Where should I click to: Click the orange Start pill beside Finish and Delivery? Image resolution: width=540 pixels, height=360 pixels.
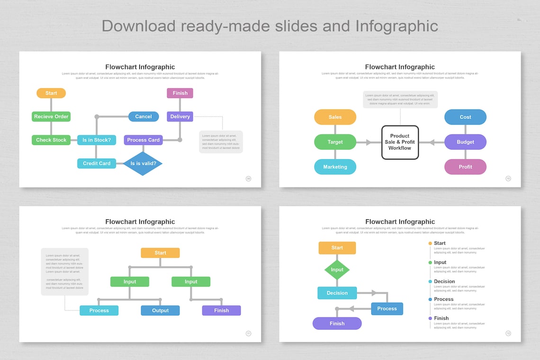[51, 93]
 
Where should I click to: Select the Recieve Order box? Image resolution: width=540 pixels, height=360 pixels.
[51, 117]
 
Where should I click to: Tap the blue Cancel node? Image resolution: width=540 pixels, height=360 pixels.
[144, 117]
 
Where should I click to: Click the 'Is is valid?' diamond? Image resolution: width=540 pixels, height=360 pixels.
[143, 163]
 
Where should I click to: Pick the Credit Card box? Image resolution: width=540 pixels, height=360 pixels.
[97, 163]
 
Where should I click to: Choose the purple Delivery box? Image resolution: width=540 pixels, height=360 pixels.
[180, 117]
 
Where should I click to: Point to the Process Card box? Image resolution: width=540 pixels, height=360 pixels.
[144, 140]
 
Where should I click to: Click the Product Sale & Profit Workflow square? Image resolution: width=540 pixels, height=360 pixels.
[400, 142]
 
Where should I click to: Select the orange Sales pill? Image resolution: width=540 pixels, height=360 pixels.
[335, 117]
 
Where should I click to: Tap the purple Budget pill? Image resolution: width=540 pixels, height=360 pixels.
[465, 142]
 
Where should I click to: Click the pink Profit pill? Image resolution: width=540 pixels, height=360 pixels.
[465, 167]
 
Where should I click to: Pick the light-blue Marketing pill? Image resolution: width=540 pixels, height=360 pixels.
[335, 167]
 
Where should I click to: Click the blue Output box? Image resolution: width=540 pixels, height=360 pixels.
[160, 311]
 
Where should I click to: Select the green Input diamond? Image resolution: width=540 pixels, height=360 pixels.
[337, 270]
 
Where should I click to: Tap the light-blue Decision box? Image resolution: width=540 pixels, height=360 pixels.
[337, 293]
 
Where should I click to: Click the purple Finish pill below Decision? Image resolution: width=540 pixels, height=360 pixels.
[337, 324]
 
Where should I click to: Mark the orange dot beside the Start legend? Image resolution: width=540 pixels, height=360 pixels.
[430, 243]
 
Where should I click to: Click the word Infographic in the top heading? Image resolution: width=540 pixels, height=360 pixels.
[397, 26]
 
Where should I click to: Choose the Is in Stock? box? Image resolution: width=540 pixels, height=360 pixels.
[97, 140]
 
